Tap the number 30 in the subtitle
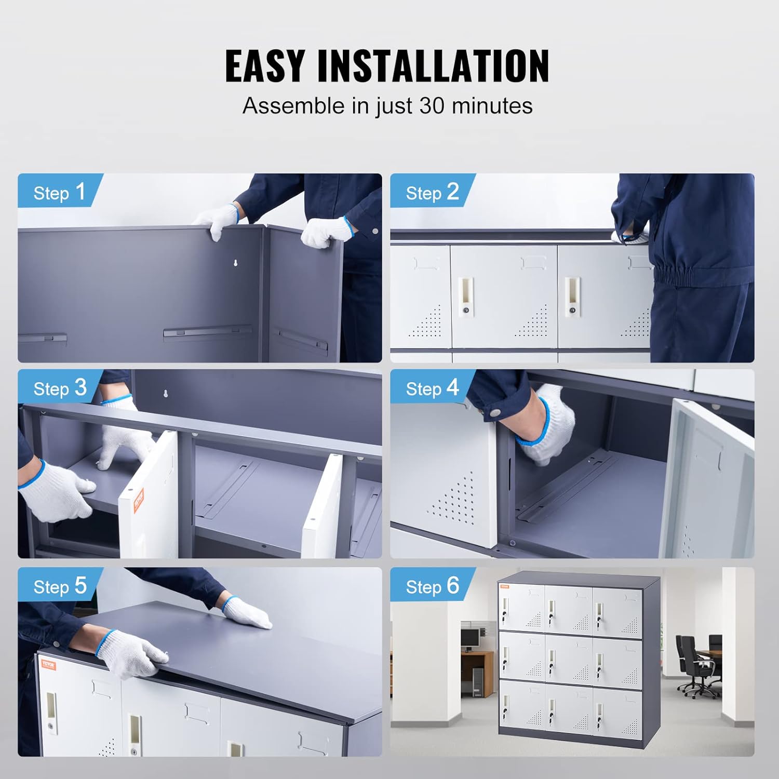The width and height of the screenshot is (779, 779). tap(432, 106)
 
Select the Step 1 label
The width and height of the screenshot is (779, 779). tap(59, 193)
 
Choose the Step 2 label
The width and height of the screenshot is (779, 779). tap(432, 193)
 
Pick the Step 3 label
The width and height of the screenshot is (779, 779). tap(60, 388)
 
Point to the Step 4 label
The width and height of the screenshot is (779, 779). tap(432, 388)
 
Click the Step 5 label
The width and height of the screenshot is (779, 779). tap(60, 586)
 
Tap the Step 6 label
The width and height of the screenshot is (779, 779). tap(432, 586)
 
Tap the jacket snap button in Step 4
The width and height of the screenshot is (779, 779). tap(496, 412)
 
